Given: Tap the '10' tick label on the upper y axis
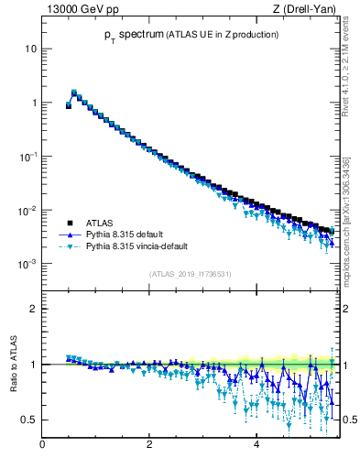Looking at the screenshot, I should tap(31, 48).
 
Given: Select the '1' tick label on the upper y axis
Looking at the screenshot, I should tap(34, 102).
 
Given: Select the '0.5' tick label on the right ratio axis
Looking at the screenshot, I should tap(348, 420).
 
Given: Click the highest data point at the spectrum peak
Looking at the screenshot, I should tap(74, 93).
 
